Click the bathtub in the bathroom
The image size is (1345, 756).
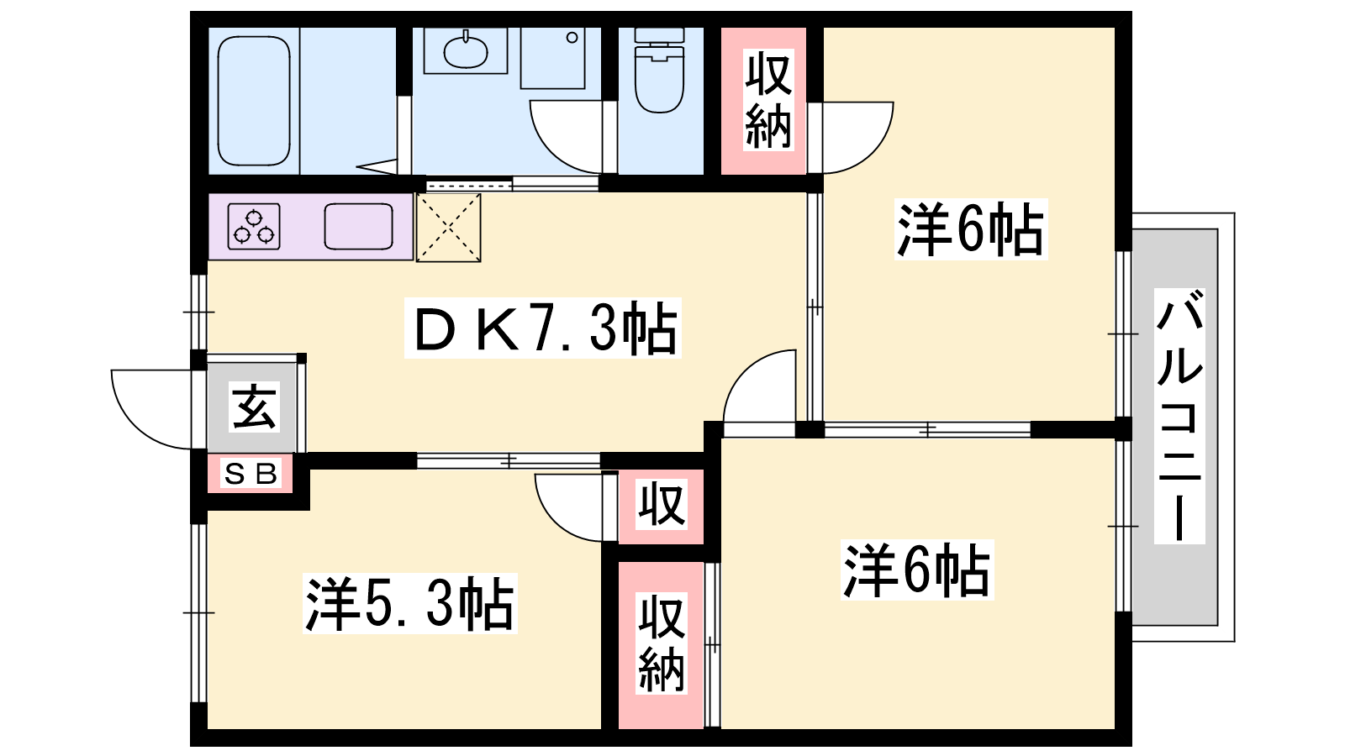click(x=253, y=101)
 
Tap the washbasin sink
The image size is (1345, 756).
click(x=466, y=51)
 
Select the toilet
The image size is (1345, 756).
click(x=659, y=71)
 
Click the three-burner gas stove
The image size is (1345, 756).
click(x=254, y=226)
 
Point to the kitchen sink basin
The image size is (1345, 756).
click(x=358, y=226)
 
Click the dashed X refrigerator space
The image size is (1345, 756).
click(x=449, y=228)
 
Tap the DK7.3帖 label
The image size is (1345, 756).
click(x=543, y=328)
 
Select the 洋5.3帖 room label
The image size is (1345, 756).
click(x=410, y=604)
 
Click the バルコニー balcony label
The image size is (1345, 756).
click(x=1179, y=416)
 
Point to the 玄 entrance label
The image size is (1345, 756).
click(x=254, y=406)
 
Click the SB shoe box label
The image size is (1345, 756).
click(x=251, y=474)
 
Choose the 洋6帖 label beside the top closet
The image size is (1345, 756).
click(x=971, y=229)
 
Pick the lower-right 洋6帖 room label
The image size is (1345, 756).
click(x=917, y=570)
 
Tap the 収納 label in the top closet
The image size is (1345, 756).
click(x=768, y=100)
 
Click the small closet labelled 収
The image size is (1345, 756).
click(x=661, y=507)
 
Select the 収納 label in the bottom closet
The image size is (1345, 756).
click(x=661, y=643)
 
